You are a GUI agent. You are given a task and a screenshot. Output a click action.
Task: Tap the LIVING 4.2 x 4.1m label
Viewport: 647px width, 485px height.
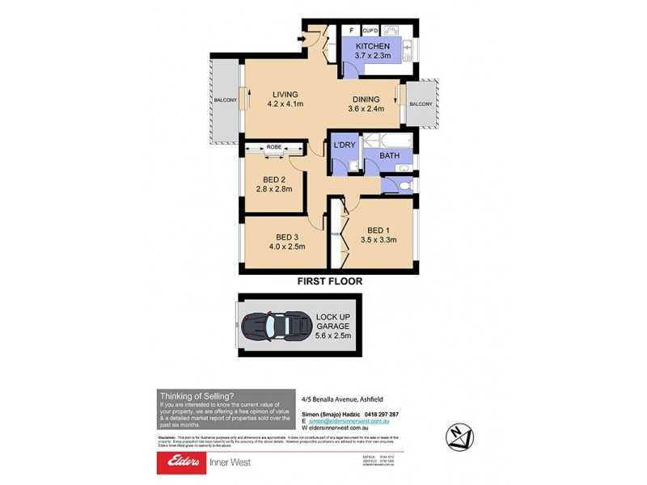click(286, 99)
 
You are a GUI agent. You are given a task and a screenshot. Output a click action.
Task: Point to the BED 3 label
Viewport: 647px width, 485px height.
click(286, 241)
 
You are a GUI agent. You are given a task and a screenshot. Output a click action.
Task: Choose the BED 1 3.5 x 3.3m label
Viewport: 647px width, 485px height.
click(382, 234)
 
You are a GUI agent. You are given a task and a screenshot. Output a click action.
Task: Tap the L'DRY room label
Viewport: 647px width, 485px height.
click(345, 146)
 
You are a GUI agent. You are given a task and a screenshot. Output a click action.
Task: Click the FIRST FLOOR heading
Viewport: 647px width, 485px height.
click(329, 281)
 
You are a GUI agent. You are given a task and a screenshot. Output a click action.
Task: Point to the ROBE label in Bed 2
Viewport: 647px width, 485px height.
click(273, 147)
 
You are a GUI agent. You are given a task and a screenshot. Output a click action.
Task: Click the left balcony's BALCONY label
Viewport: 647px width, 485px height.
click(224, 100)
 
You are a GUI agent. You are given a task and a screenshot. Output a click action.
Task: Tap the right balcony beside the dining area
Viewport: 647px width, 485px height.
click(421, 104)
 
